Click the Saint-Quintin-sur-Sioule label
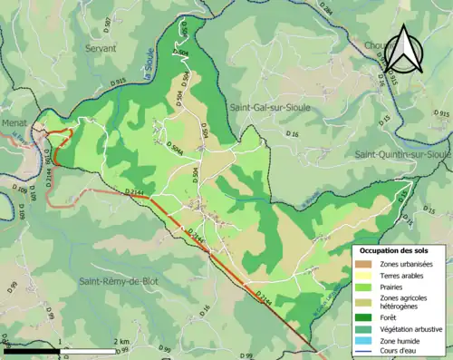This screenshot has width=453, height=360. click(402, 155)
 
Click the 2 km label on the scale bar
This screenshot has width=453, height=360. click(121, 341)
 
